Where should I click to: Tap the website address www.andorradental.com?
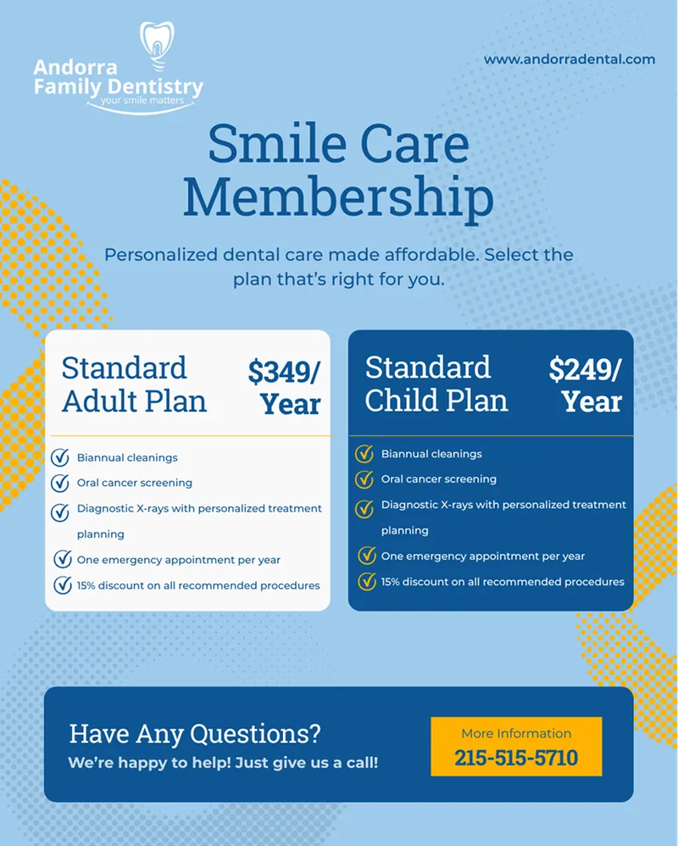(570, 59)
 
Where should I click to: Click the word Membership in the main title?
(338, 196)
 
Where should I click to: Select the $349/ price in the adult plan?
(284, 371)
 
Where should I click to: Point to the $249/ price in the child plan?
(585, 369)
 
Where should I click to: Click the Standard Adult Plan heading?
(134, 384)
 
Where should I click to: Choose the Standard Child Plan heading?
(436, 384)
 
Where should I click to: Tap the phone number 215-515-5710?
(516, 756)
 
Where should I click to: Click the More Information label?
(516, 733)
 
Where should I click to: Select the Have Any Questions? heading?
(195, 733)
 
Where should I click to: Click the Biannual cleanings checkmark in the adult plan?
(60, 458)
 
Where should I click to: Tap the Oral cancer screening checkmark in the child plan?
(364, 479)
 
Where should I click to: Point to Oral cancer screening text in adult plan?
(134, 483)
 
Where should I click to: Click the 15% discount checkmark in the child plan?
(366, 582)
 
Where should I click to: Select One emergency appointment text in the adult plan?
(178, 560)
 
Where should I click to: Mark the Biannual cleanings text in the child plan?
(431, 454)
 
